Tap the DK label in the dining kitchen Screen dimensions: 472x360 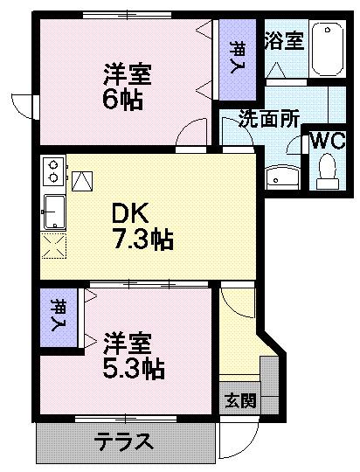[x=131, y=213]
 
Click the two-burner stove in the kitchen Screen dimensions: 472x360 [x=52, y=170]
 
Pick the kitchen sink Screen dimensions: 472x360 [x=53, y=210]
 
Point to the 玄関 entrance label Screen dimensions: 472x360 [x=240, y=401]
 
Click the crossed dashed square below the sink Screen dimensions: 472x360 [x=53, y=246]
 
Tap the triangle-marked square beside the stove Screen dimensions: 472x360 [x=82, y=181]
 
